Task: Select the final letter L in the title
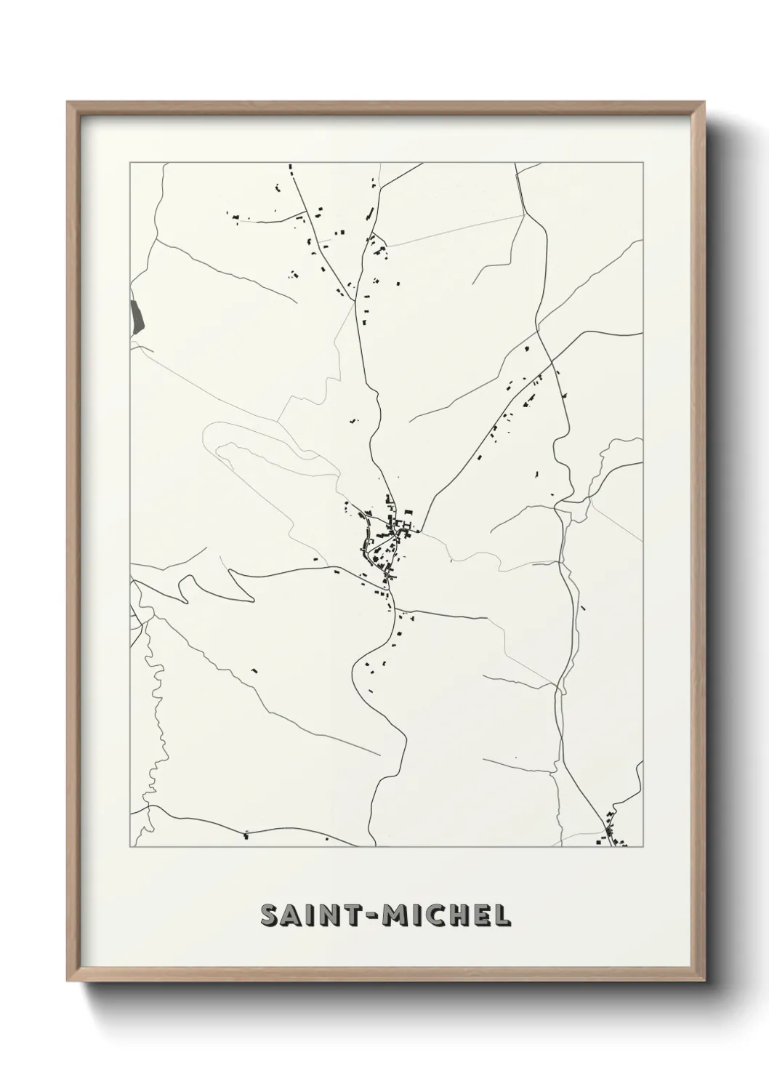click(504, 916)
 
